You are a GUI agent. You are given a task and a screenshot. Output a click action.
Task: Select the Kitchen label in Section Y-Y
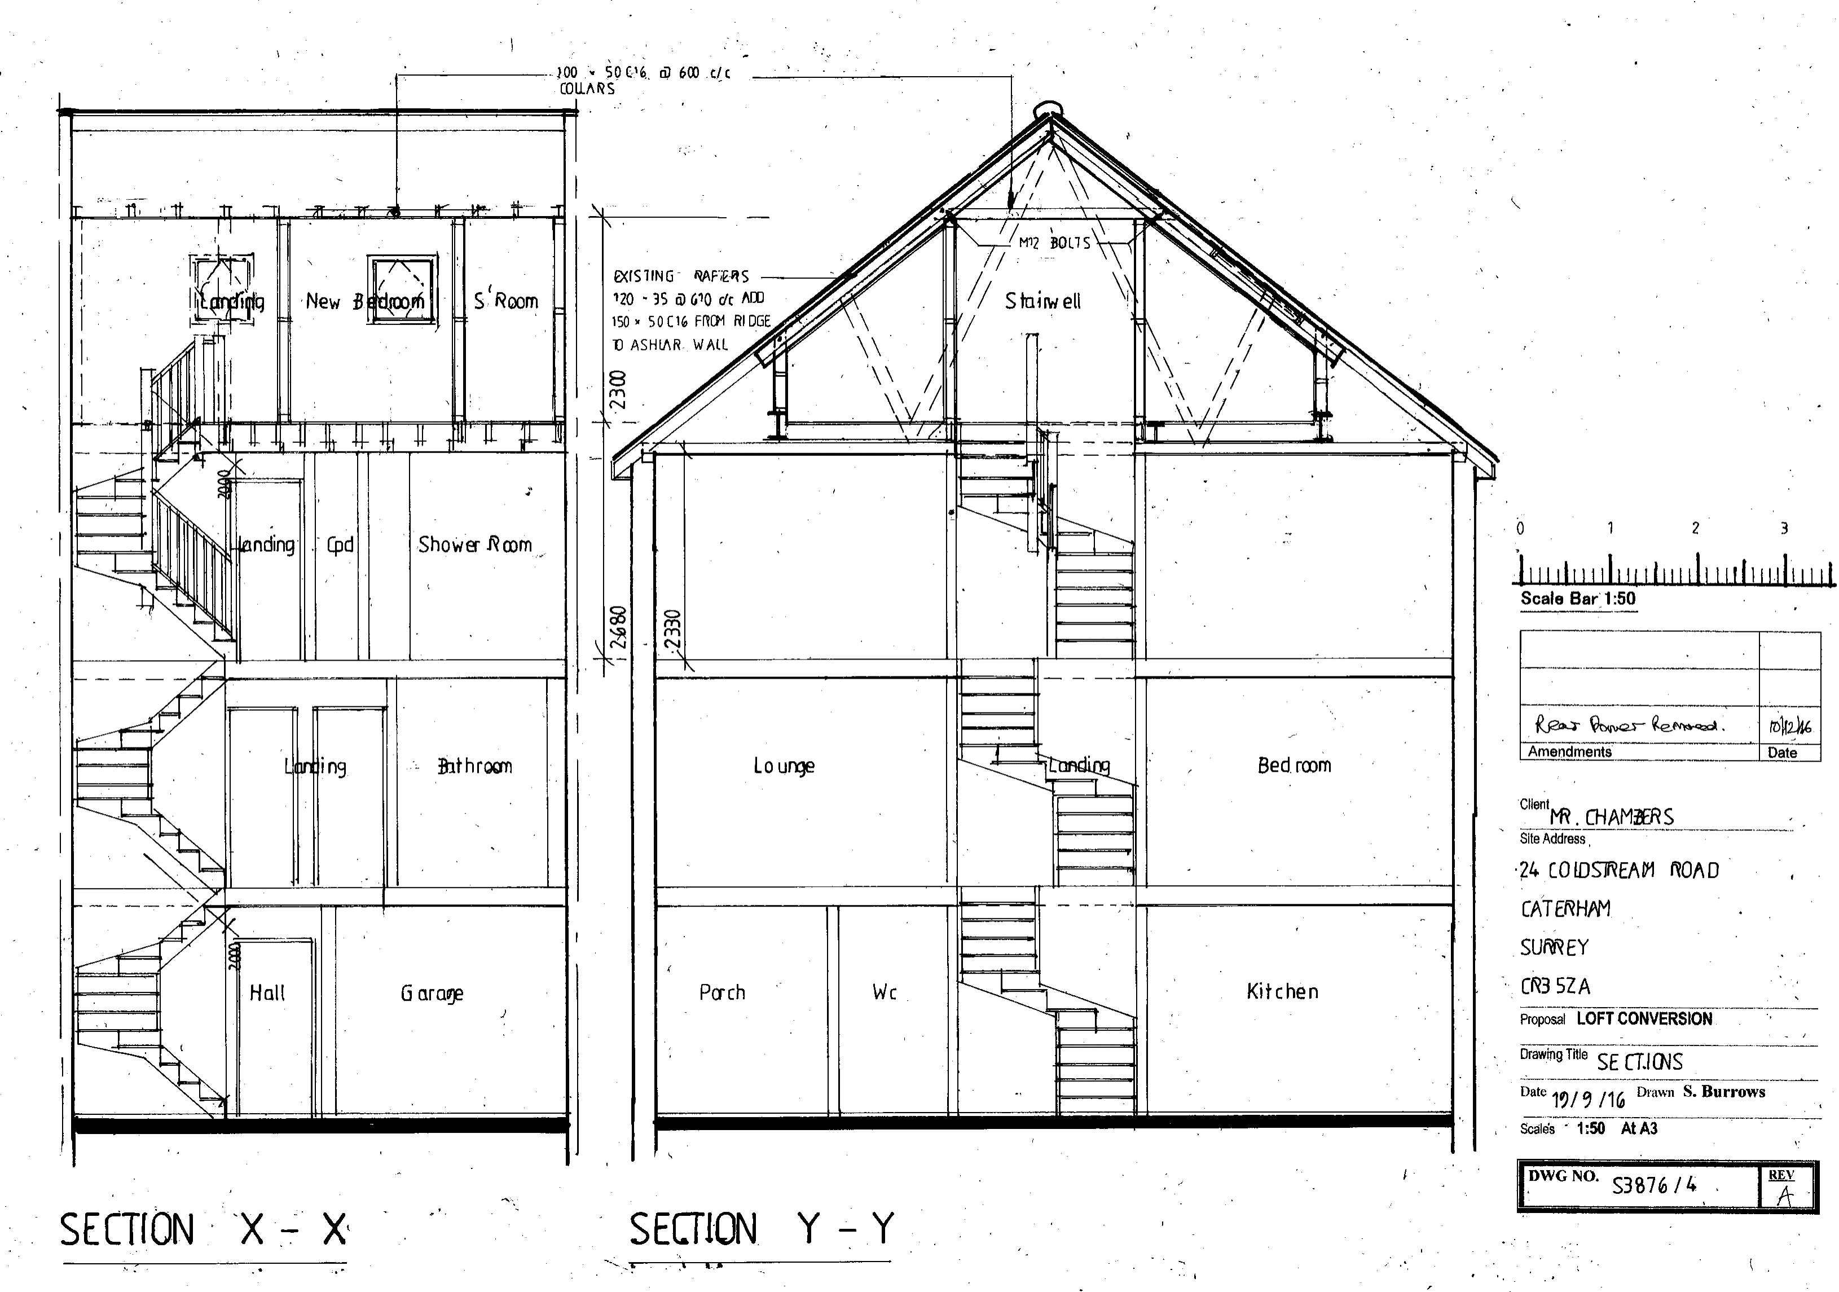[x=1282, y=992]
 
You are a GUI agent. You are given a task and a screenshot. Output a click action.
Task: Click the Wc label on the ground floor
[x=885, y=993]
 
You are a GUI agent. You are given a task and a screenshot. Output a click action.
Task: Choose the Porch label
[x=721, y=993]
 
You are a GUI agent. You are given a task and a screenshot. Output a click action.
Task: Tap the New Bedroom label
[x=364, y=302]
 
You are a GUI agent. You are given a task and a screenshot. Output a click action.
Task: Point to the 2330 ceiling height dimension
[x=673, y=630]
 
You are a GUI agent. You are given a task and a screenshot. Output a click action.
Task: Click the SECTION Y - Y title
[x=761, y=1229]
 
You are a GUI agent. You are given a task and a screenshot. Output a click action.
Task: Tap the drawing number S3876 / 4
[x=1654, y=1185]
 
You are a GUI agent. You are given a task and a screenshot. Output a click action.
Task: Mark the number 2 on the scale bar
[x=1695, y=529]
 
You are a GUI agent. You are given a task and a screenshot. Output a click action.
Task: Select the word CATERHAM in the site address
[x=1565, y=909]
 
